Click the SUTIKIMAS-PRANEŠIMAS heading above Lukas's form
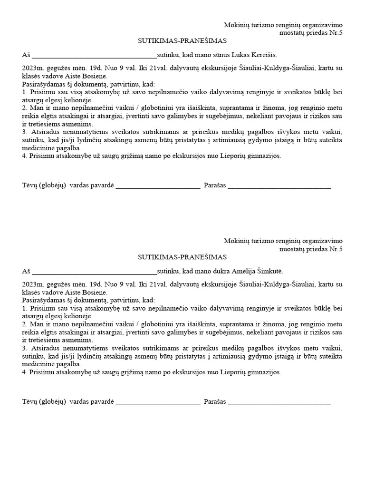pyautogui.click(x=182, y=41)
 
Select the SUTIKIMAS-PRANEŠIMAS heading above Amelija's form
pyautogui.click(x=182, y=257)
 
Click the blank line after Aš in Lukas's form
pyautogui.click(x=94, y=56)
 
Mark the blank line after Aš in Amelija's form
pyautogui.click(x=94, y=273)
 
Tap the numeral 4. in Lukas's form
pyautogui.click(x=25, y=156)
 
